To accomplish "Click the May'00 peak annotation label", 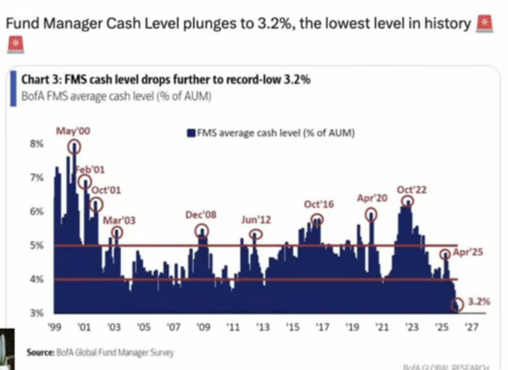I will coord(72,132).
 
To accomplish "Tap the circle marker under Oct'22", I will coord(407,201).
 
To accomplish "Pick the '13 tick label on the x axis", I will coord(262,328).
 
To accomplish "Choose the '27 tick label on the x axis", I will coord(472,328).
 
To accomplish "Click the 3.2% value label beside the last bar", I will coord(479,301).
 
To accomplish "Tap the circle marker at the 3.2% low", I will coord(458,304).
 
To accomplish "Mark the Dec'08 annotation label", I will coord(201,215).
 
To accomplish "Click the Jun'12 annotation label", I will coord(256,220).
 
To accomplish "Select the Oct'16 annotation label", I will coord(319,204).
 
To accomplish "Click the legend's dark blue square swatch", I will coord(192,134).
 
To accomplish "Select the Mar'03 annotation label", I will coord(119,221).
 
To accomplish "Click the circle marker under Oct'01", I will coord(96,204).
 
